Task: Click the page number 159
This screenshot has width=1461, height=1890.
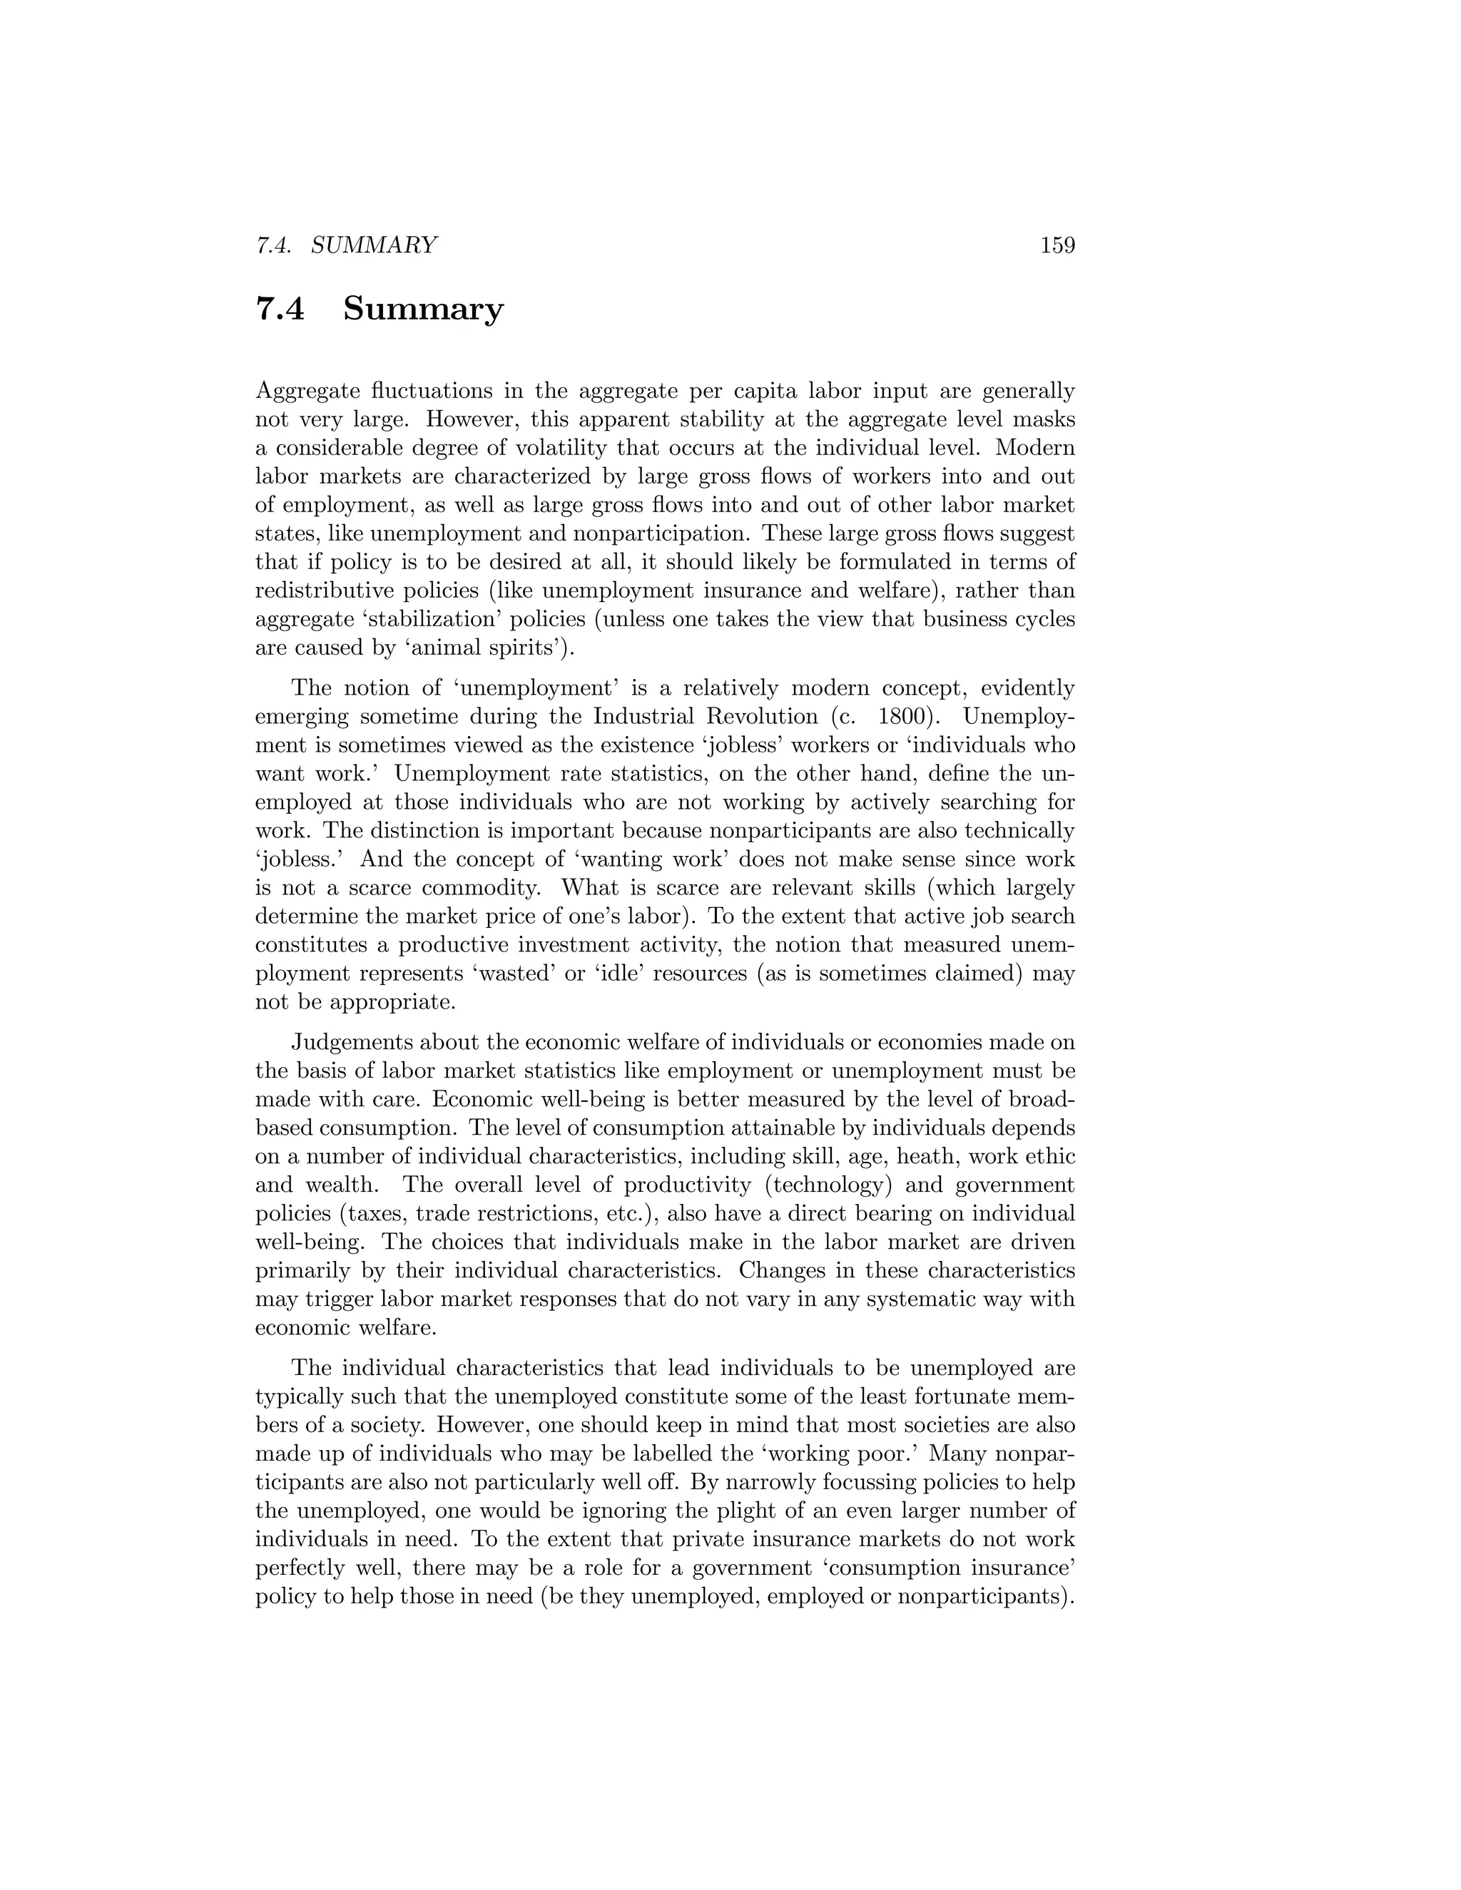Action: point(1057,246)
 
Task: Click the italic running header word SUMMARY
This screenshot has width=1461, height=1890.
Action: point(374,246)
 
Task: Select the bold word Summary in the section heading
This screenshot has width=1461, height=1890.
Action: point(422,309)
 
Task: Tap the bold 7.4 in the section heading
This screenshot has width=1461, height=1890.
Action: point(280,309)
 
